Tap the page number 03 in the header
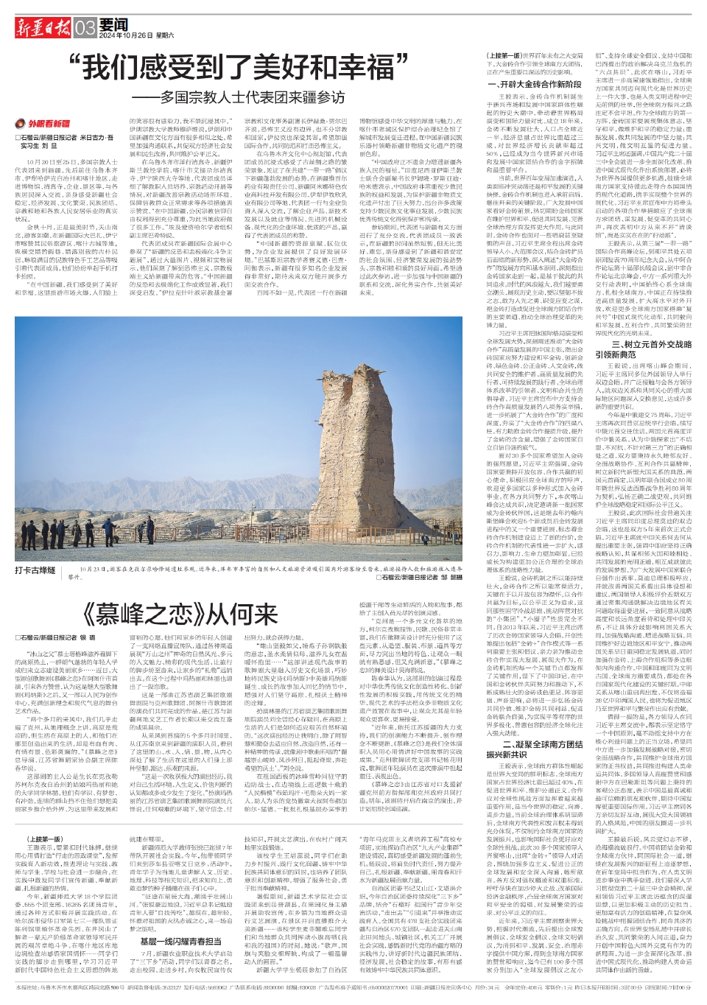tap(85, 28)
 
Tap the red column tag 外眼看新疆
tap(46, 124)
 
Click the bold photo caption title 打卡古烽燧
tap(35, 570)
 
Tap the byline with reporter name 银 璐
tap(55, 637)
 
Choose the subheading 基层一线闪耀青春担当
tap(180, 941)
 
